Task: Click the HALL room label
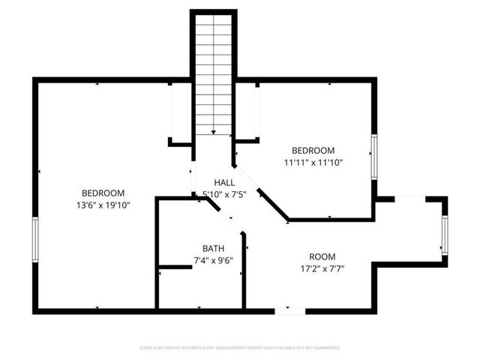point(224,182)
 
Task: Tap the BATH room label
point(213,248)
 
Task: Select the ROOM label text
point(322,256)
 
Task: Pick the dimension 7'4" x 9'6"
point(213,261)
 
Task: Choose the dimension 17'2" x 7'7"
point(322,268)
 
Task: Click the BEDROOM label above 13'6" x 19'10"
point(103,193)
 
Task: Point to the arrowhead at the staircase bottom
point(214,132)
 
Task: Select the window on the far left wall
point(34,240)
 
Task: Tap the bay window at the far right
point(445,235)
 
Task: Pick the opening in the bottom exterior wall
point(289,310)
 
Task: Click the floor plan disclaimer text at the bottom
point(240,348)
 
